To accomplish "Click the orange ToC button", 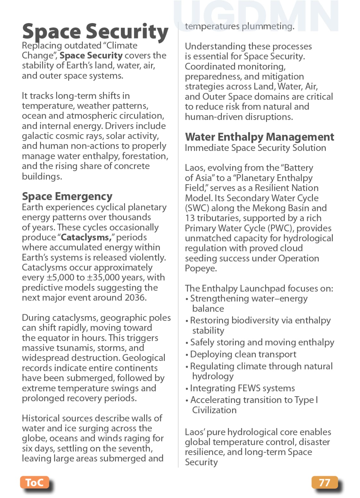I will tap(35, 482).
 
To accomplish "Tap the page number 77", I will tap(324, 482).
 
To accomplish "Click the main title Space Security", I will tap(95, 32).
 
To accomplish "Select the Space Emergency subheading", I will tap(67, 196).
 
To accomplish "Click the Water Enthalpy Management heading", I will tap(259, 137).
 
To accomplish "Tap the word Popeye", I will tap(200, 268).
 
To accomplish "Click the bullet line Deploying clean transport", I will tap(243, 354).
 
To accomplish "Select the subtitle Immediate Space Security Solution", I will tap(255, 148).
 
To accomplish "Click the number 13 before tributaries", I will tap(189, 218).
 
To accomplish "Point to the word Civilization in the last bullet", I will tap(214, 410).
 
